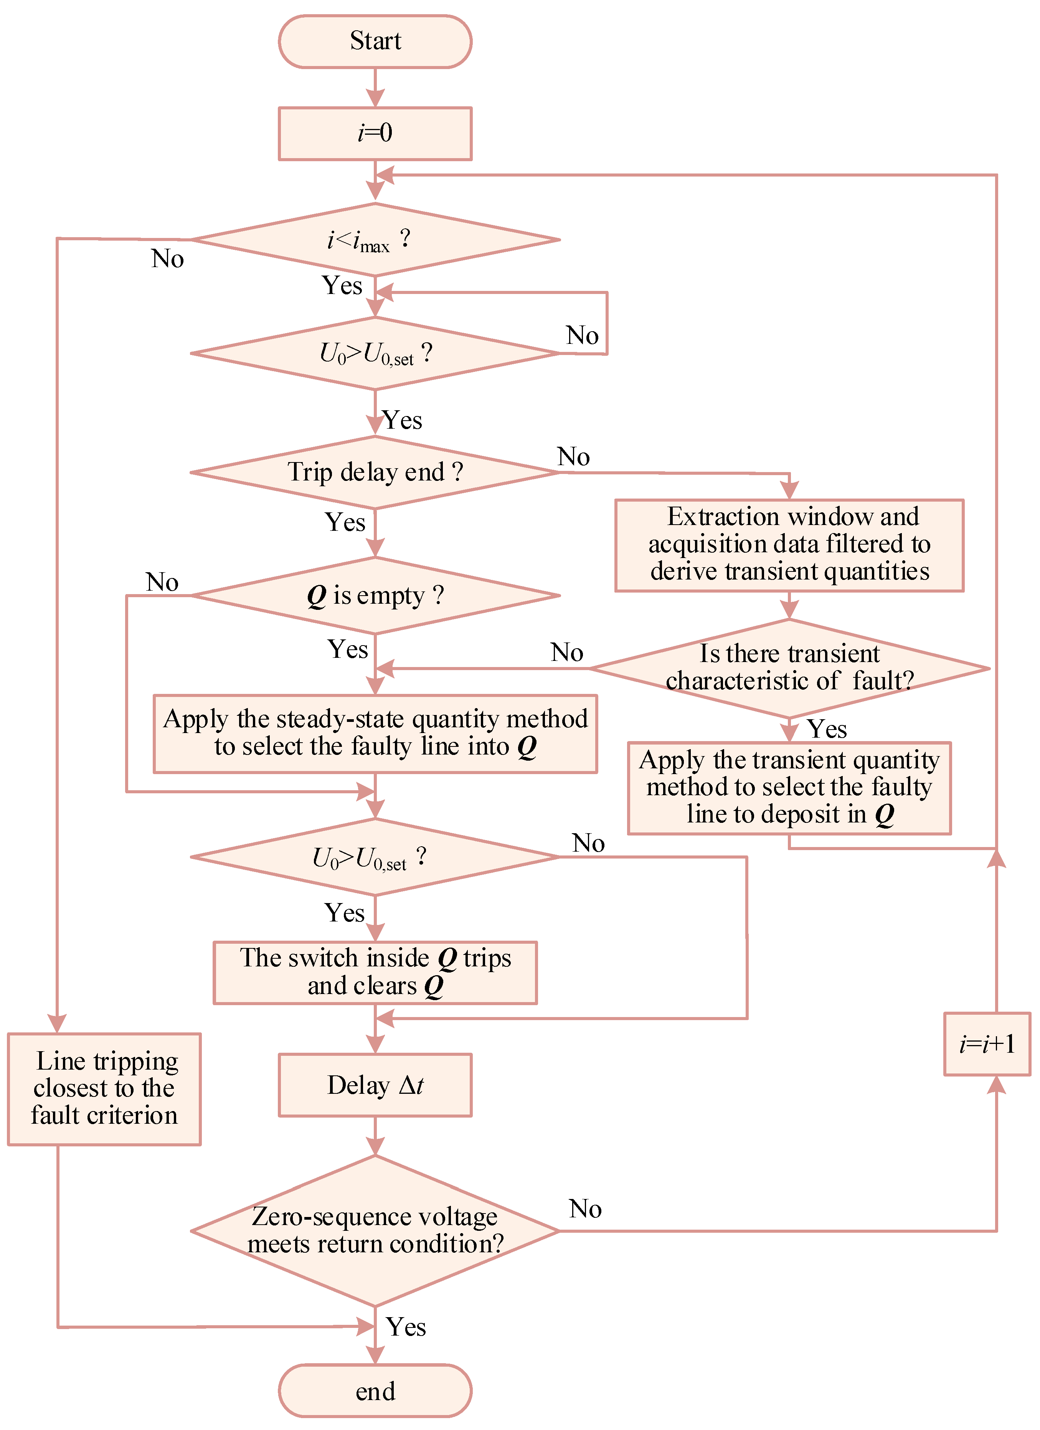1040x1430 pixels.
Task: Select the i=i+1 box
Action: click(x=987, y=1044)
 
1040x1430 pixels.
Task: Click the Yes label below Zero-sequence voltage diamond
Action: click(x=406, y=1327)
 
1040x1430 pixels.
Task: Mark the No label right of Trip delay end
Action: click(x=574, y=456)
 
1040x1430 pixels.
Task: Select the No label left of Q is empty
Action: click(x=162, y=582)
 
